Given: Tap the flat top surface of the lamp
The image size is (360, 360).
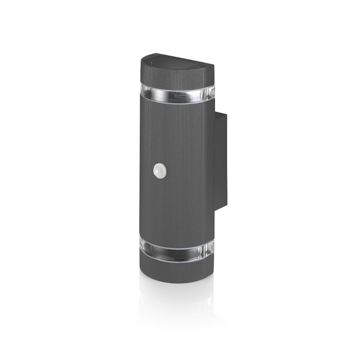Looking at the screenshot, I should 176,62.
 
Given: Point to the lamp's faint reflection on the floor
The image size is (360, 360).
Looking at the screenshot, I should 176,300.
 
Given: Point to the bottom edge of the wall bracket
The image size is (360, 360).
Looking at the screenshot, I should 222,206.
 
